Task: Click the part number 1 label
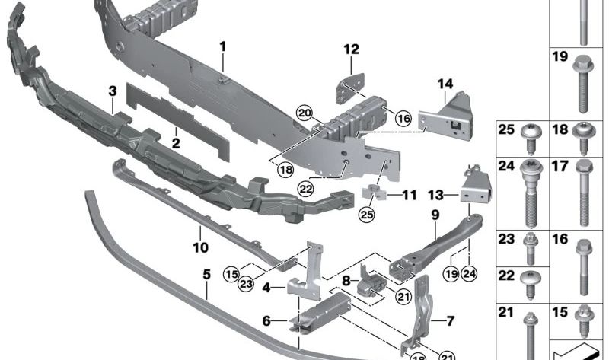click(223, 46)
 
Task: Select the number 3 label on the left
click(112, 91)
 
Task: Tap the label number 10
click(199, 247)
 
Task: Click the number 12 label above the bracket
click(350, 50)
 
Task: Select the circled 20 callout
click(304, 113)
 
